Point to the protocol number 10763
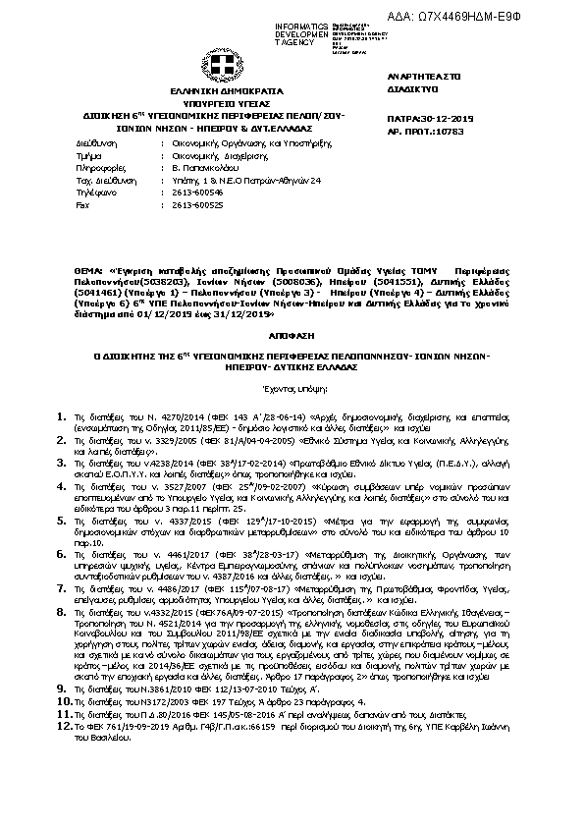446,130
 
